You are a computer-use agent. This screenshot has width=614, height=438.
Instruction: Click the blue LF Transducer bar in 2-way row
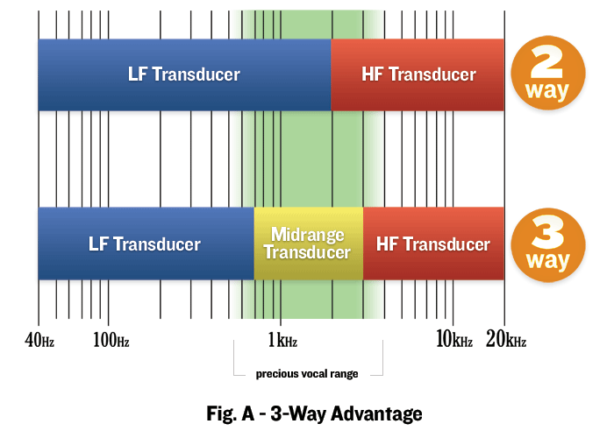coord(184,74)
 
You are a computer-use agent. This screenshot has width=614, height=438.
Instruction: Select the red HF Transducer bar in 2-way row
coord(418,74)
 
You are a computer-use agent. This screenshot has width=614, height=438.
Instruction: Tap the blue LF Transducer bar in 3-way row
coord(146,244)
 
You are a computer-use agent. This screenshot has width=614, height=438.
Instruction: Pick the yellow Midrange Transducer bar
coord(308,244)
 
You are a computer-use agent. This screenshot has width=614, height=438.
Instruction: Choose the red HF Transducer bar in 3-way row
coord(433,244)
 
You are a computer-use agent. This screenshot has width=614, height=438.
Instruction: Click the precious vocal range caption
coord(307,374)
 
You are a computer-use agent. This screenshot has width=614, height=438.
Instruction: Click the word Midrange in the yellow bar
coord(308,235)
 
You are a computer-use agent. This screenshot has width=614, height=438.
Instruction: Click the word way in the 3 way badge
coord(547,261)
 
